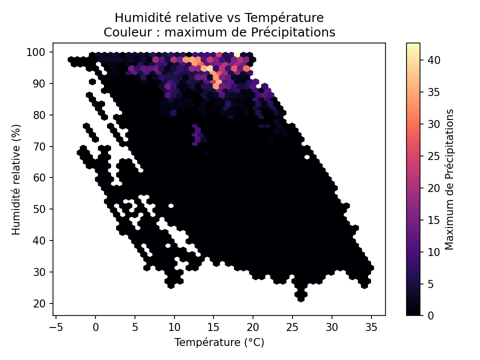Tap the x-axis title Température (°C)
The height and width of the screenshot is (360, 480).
point(219,342)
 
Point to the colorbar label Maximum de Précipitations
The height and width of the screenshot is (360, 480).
point(449,178)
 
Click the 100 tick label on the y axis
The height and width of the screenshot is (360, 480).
point(40,52)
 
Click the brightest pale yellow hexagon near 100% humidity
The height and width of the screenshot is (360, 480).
point(237,54)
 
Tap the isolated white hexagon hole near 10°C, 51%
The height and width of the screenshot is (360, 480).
point(171,205)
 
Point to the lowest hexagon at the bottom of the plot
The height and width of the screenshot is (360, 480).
point(300,299)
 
